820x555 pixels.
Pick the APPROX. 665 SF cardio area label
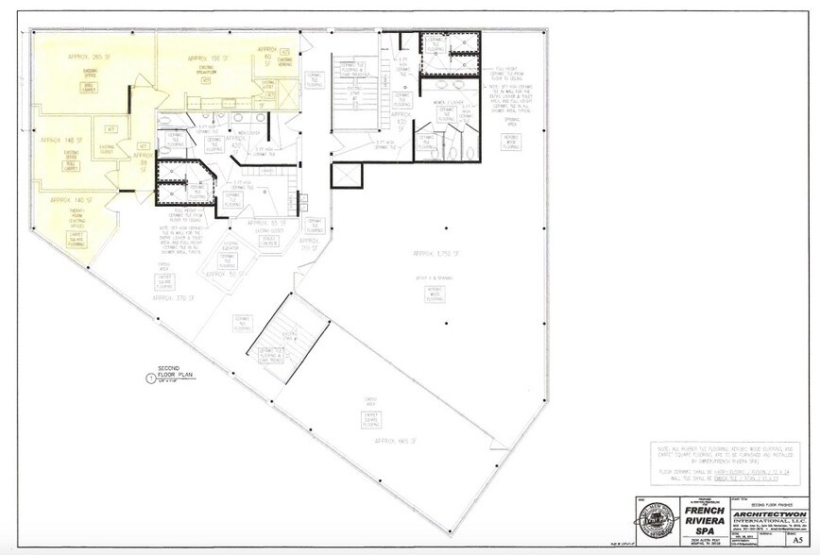pyautogui.click(x=394, y=441)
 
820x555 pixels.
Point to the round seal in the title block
pyautogui.click(x=646, y=524)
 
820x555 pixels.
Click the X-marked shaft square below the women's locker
pyautogui.click(x=344, y=176)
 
